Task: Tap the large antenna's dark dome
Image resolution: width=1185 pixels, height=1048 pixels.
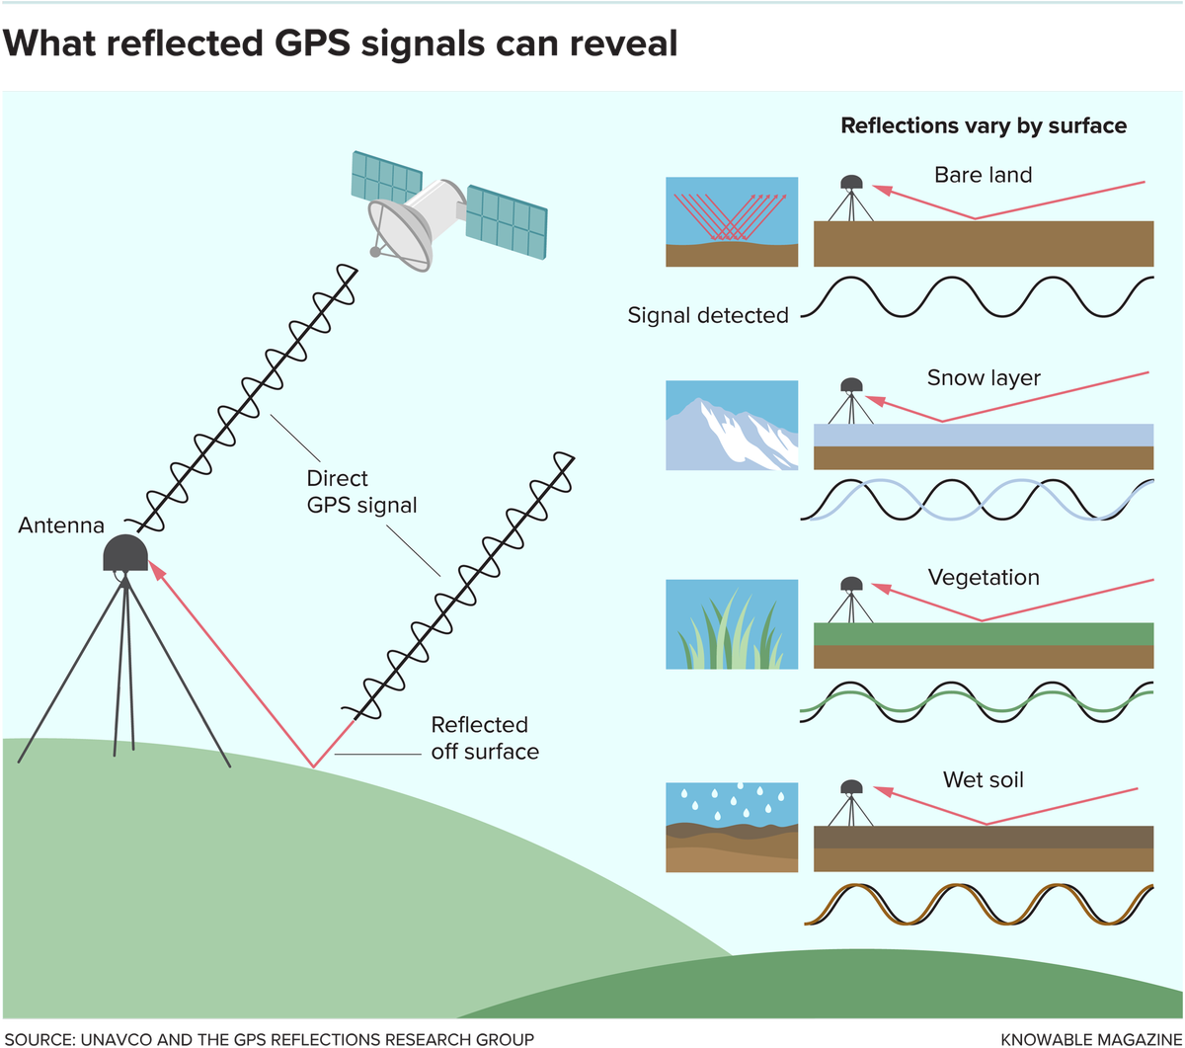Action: tap(125, 553)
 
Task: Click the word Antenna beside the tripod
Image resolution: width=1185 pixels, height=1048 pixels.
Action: tap(61, 526)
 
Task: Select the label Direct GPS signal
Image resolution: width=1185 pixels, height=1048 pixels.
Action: tap(361, 492)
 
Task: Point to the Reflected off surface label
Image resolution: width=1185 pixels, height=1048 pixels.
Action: tap(485, 738)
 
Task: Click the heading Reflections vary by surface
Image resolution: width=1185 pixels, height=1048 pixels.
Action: tap(983, 126)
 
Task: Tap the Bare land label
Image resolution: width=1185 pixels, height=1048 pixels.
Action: tap(983, 175)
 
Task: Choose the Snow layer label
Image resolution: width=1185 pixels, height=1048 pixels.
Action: tap(984, 378)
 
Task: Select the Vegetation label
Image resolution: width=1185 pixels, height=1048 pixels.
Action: tap(984, 577)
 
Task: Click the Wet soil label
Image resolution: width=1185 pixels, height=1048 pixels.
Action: tap(983, 780)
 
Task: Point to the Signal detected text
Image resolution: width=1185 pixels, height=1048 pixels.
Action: tap(708, 315)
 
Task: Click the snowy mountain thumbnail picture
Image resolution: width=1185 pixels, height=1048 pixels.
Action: tap(732, 426)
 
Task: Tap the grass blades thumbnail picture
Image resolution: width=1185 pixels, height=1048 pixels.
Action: tap(732, 624)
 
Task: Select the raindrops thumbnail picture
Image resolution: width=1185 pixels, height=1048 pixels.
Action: tap(732, 827)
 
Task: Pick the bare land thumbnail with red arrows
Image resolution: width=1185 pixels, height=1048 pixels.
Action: tap(732, 222)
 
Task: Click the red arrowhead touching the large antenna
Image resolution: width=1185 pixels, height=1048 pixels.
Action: tap(156, 570)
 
